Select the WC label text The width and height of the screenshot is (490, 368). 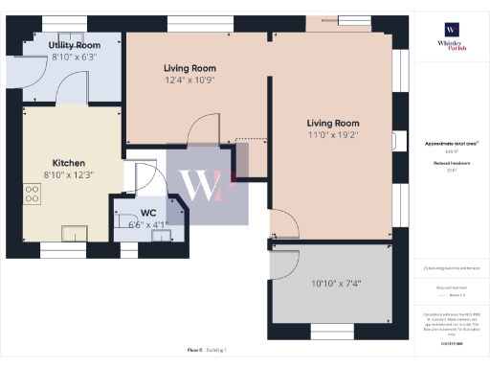[148, 212]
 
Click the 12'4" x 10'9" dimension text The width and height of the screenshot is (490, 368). [189, 81]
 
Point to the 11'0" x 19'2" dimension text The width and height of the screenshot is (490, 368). [332, 136]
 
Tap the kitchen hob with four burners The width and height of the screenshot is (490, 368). [33, 196]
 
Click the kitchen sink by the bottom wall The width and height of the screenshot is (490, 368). [73, 232]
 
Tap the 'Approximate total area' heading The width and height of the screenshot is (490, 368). [452, 144]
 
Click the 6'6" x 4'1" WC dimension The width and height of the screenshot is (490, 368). [147, 224]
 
